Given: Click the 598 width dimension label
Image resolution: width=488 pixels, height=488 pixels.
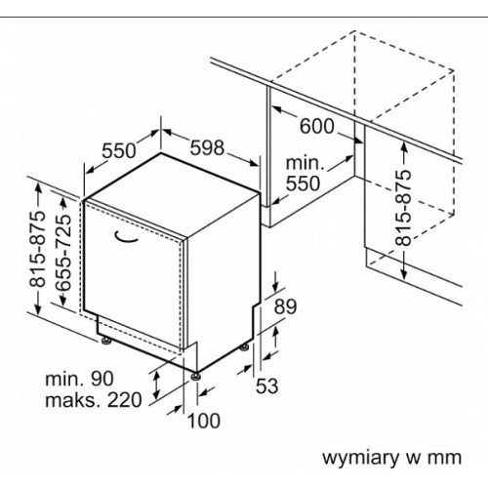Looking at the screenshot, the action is (x=207, y=147).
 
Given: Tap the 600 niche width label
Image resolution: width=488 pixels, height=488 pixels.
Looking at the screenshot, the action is (x=316, y=126).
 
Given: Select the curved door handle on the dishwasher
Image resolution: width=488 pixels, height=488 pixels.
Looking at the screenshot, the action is (x=126, y=237).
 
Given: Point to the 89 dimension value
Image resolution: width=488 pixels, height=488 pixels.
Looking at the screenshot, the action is (x=285, y=306).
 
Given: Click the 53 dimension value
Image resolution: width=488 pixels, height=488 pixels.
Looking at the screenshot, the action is (x=266, y=386).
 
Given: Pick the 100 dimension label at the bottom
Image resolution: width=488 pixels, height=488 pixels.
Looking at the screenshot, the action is (x=204, y=421).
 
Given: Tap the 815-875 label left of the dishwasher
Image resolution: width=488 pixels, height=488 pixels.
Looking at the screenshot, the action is (x=37, y=249).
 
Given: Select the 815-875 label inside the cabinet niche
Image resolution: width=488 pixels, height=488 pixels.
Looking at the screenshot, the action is (x=403, y=208).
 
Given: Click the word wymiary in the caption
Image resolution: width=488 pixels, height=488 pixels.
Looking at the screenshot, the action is (x=360, y=457).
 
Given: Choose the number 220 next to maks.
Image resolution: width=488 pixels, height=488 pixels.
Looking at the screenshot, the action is (x=125, y=400).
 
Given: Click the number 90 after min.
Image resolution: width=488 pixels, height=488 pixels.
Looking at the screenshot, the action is (x=102, y=379).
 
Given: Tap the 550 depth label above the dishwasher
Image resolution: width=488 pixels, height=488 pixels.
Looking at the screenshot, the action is (x=119, y=150).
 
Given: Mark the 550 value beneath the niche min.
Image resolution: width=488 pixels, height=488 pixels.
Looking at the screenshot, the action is (x=303, y=183).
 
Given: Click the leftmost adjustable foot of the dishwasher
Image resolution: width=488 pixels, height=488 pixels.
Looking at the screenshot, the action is (x=106, y=341).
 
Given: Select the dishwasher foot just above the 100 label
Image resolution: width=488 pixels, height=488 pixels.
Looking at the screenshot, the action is (x=196, y=376).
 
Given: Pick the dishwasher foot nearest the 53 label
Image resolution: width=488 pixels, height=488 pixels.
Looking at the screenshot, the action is (x=244, y=347).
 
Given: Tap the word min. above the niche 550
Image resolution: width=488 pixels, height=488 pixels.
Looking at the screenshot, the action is (x=305, y=163).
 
